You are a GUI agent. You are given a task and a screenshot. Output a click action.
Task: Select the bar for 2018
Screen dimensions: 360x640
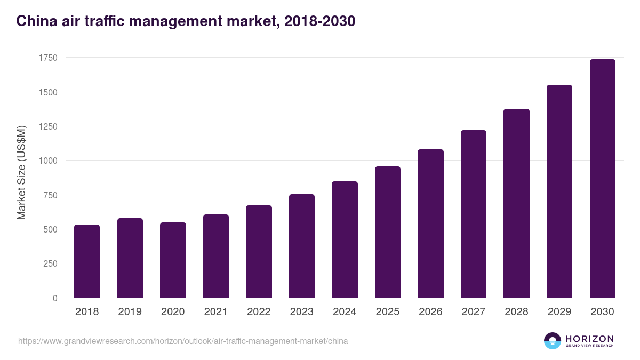87,261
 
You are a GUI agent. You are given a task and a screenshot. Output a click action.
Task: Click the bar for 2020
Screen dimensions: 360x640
173,260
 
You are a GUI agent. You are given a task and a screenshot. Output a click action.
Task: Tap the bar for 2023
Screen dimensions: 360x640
302,246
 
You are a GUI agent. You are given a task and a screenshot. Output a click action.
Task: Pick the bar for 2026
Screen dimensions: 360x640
430,223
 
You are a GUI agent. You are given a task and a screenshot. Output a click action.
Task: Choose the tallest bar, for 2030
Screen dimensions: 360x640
602,179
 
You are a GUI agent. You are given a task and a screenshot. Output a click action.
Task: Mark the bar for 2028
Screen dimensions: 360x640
516,203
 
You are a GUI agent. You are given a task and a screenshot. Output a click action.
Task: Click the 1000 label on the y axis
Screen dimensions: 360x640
47,161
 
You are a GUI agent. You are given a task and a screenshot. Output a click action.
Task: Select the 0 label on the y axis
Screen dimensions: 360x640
55,298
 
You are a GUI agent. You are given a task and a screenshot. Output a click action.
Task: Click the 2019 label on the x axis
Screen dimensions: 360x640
130,312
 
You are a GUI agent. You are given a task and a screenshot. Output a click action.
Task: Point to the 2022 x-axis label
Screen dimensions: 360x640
259,312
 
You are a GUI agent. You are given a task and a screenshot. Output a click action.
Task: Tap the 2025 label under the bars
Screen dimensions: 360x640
388,312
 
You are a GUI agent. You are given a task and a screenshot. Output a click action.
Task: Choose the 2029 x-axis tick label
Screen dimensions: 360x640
559,312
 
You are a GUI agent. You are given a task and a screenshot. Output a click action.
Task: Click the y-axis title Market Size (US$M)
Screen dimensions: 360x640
21,172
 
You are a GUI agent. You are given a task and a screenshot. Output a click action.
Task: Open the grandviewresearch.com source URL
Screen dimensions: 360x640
183,341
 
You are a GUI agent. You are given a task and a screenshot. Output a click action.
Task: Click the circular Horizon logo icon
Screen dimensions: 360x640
553,341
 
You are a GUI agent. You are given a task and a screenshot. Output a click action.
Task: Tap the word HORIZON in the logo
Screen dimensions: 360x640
590,338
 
